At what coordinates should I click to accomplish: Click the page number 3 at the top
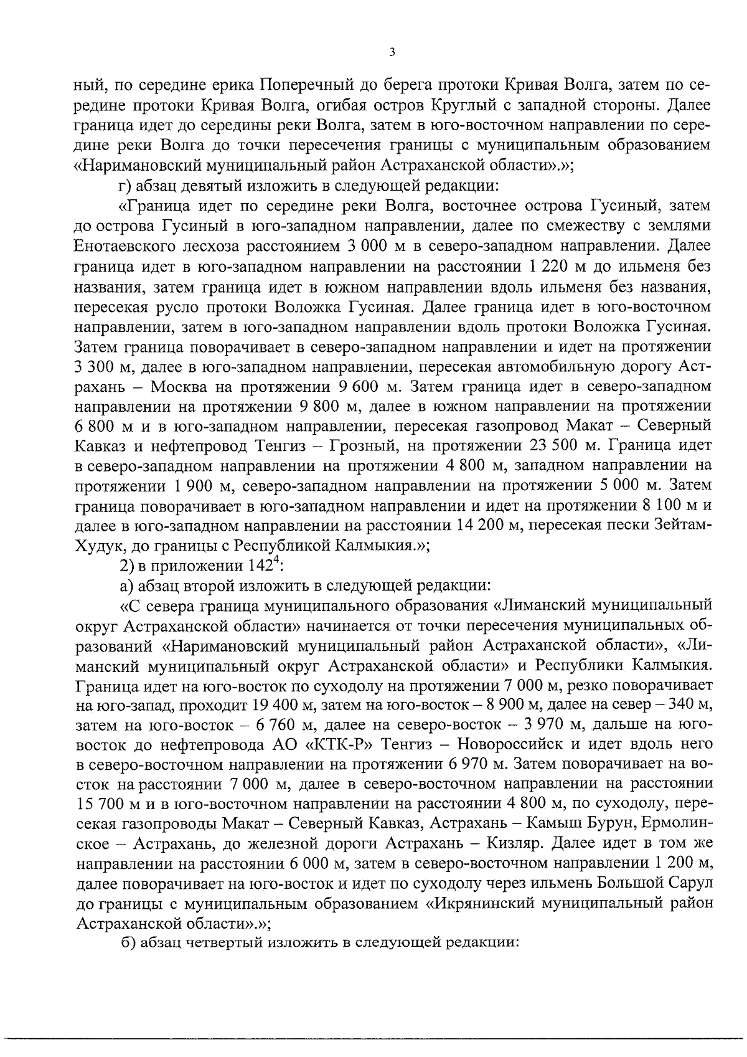tap(391, 53)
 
